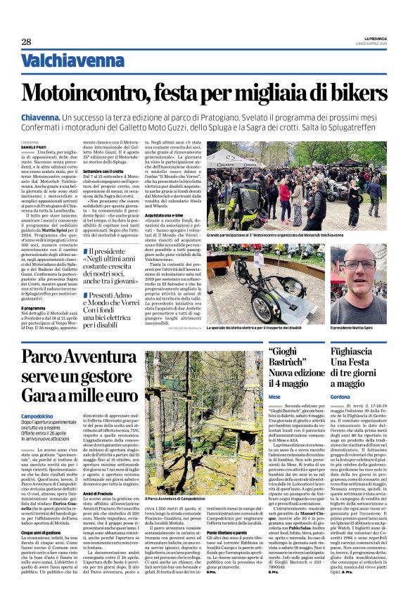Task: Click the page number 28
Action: (x=26, y=42)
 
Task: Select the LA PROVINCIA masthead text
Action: (x=372, y=38)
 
